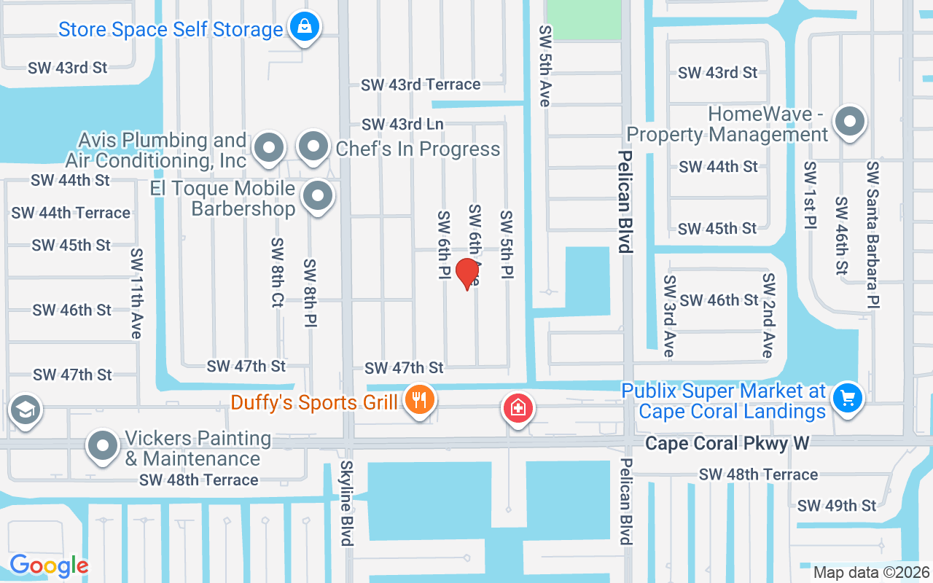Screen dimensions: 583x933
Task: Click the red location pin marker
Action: pos(466,273)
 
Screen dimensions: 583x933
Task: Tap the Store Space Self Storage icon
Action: pos(304,28)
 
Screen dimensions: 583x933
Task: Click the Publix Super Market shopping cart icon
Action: pos(847,398)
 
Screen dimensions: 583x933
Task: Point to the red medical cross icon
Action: pos(518,408)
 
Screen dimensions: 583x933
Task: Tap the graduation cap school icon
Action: pos(26,411)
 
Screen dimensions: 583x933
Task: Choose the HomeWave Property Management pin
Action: pos(849,121)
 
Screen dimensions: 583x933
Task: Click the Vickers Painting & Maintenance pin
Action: pos(103,445)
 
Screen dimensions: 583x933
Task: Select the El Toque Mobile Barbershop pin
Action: pos(318,196)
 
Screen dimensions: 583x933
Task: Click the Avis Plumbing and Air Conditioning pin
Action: pos(269,148)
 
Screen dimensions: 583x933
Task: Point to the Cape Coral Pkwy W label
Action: pos(727,444)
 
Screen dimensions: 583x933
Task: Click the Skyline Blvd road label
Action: pos(346,503)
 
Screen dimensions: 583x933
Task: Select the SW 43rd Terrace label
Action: pos(421,85)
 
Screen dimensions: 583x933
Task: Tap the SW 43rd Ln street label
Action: pos(402,125)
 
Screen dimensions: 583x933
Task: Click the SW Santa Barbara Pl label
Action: pos(873,234)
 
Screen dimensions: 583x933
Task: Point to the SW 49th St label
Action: pos(836,505)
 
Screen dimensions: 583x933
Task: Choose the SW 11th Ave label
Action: pos(136,293)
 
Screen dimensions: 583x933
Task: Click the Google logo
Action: pos(49,566)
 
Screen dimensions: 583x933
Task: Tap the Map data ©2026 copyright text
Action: pos(871,573)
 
